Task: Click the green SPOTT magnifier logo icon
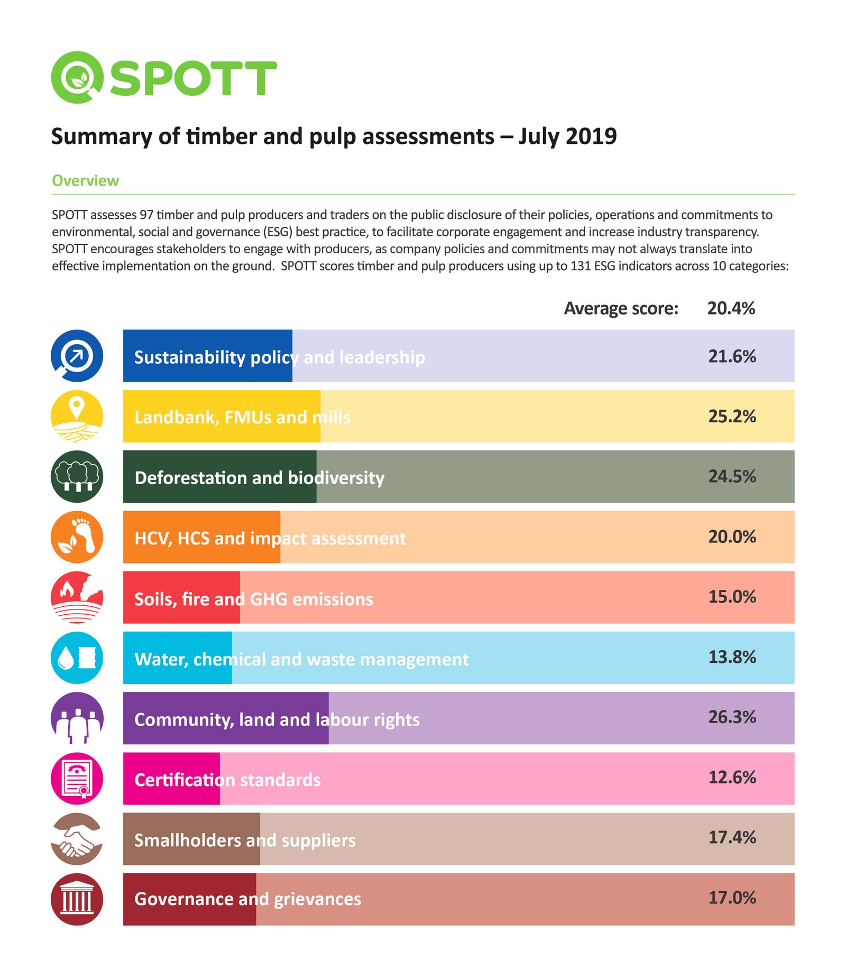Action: point(77,77)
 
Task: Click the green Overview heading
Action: point(85,180)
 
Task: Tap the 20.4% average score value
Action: point(731,308)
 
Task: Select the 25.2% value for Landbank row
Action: point(732,416)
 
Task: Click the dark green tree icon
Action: point(77,476)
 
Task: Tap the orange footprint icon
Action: point(77,537)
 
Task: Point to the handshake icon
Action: point(77,838)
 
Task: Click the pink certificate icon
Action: point(77,778)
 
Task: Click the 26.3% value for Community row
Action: point(732,717)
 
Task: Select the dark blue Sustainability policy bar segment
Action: point(207,356)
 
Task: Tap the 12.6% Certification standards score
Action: point(732,778)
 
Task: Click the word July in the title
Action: point(539,136)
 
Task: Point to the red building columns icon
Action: point(77,899)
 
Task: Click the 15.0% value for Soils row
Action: point(732,597)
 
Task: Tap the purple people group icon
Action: point(77,718)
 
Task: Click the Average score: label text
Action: point(621,308)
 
